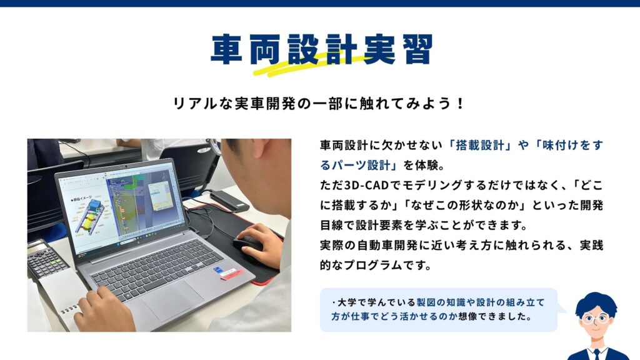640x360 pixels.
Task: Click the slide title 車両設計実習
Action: (321, 49)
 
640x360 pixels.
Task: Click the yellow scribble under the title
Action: (310, 65)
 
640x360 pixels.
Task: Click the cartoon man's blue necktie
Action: (597, 354)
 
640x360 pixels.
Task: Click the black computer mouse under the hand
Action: (248, 243)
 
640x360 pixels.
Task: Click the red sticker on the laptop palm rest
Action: (232, 274)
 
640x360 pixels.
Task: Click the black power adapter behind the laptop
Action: (229, 201)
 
